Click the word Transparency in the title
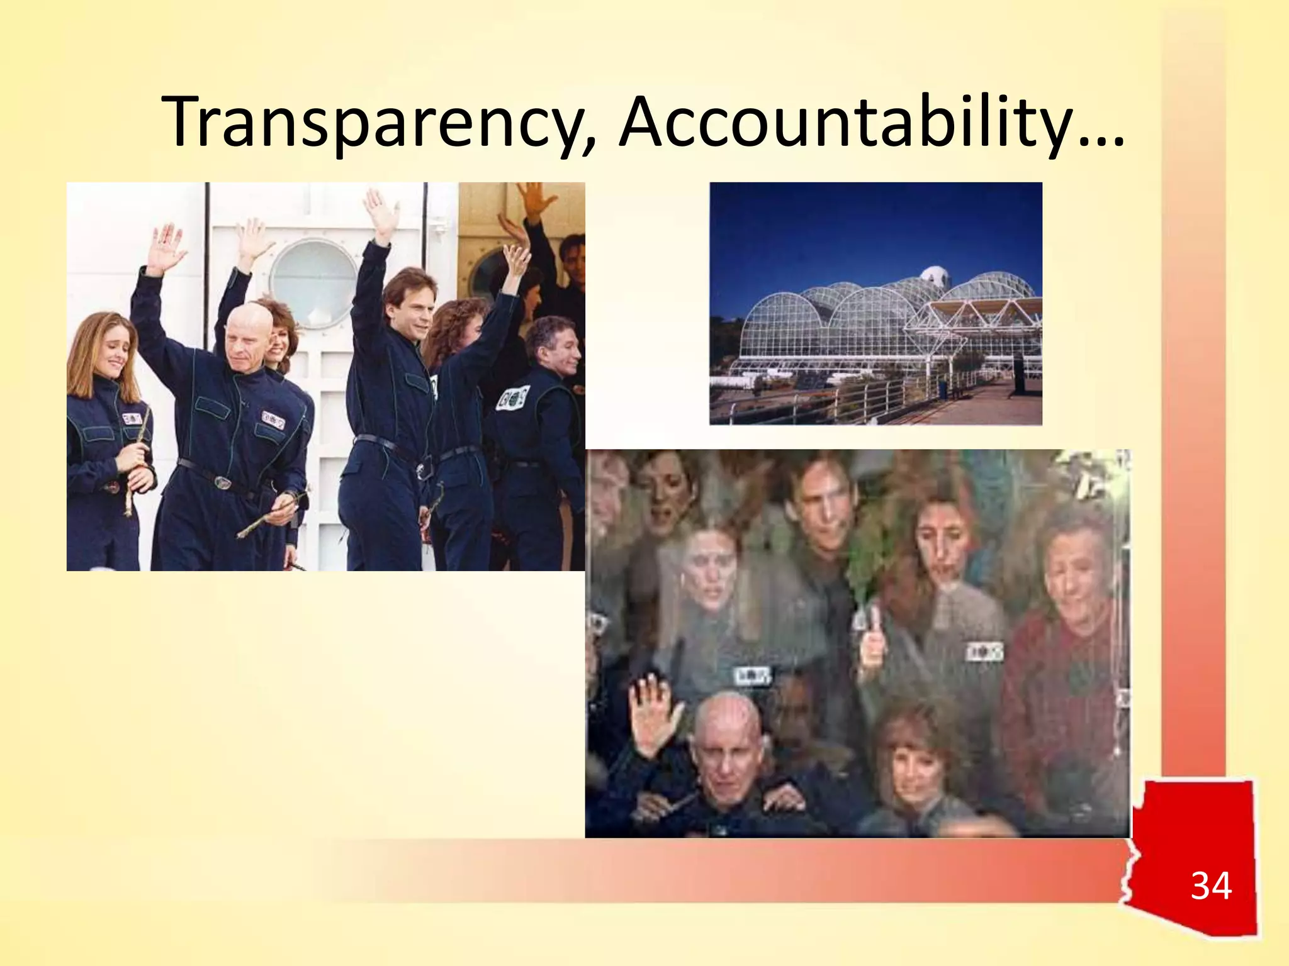pos(378,123)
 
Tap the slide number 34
pos(1210,886)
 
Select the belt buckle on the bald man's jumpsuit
pos(223,482)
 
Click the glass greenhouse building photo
pos(875,303)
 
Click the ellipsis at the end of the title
pos(1101,135)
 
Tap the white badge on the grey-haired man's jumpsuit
pos(513,397)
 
